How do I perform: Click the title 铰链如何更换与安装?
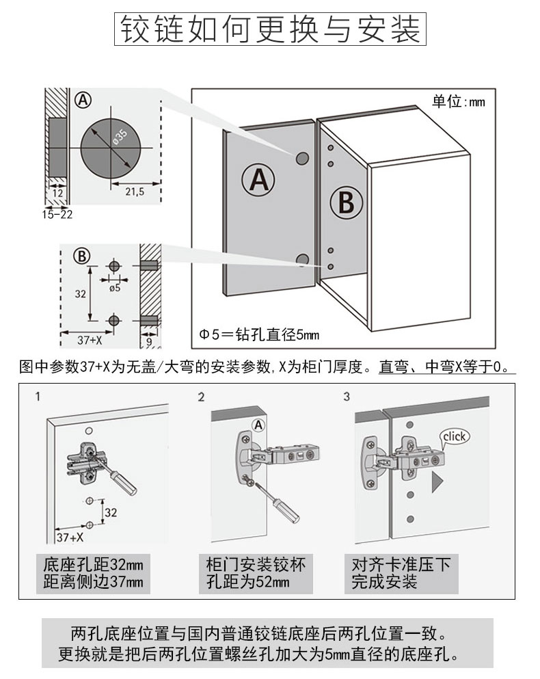pyautogui.click(x=270, y=29)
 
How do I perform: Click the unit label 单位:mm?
pyautogui.click(x=457, y=101)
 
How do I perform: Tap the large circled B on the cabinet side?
pyautogui.click(x=347, y=202)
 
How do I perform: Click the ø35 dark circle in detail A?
pyautogui.click(x=110, y=148)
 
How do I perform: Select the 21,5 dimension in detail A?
pyautogui.click(x=135, y=192)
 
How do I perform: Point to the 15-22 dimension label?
pyautogui.click(x=57, y=215)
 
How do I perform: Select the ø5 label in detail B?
pyautogui.click(x=114, y=288)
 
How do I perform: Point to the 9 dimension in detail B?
pyautogui.click(x=149, y=339)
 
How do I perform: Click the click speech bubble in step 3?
pyautogui.click(x=453, y=436)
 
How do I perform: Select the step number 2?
pyautogui.click(x=201, y=397)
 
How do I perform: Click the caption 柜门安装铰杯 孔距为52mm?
pyautogui.click(x=256, y=574)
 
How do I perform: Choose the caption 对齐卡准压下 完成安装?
pyautogui.click(x=401, y=574)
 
